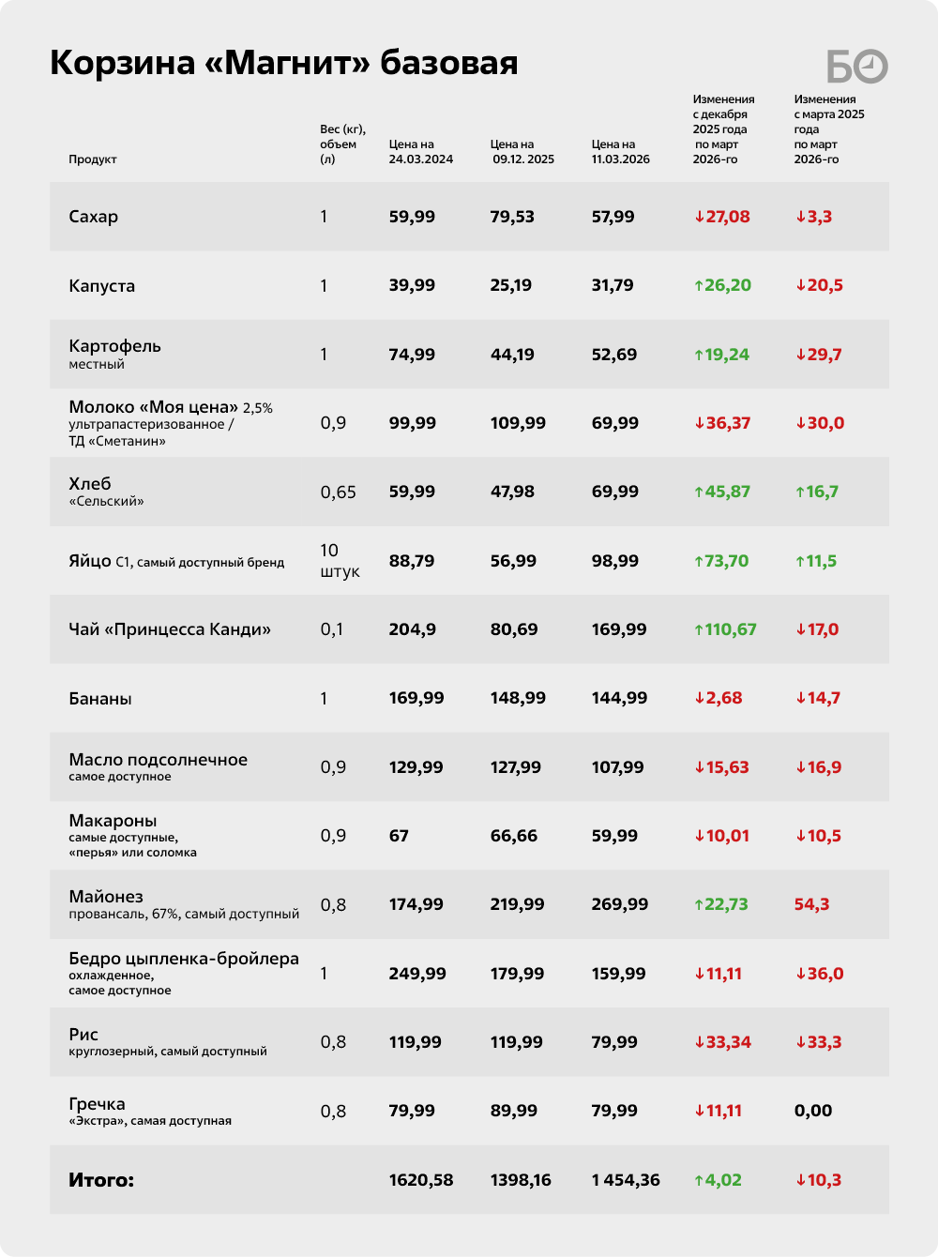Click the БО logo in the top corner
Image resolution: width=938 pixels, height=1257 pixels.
tap(856, 66)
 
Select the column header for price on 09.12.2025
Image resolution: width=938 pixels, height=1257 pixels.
tap(522, 152)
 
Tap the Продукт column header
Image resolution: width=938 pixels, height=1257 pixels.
tap(92, 159)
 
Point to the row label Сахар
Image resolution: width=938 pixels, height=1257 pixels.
tap(94, 217)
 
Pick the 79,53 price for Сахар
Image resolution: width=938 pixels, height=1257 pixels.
tap(512, 217)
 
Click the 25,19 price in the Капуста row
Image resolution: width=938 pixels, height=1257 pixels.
tap(511, 285)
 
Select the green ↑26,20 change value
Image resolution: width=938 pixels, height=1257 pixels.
tap(722, 285)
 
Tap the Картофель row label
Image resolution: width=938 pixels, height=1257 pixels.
tap(114, 347)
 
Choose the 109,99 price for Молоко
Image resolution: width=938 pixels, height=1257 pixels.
tap(518, 423)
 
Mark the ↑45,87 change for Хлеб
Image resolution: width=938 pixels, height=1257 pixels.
tap(722, 492)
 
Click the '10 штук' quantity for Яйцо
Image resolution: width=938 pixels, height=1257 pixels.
tap(340, 561)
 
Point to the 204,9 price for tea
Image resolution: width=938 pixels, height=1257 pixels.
tap(413, 629)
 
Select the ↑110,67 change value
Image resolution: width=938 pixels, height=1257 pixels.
tap(725, 629)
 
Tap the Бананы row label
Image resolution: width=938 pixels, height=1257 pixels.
tap(100, 699)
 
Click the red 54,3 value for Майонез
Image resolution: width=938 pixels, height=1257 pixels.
tap(811, 904)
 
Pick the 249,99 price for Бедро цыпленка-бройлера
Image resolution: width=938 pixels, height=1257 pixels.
tap(417, 974)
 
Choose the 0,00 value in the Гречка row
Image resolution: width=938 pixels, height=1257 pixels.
tap(813, 1111)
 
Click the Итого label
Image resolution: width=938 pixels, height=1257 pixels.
tap(101, 1180)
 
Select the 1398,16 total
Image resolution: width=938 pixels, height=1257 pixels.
tap(521, 1180)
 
